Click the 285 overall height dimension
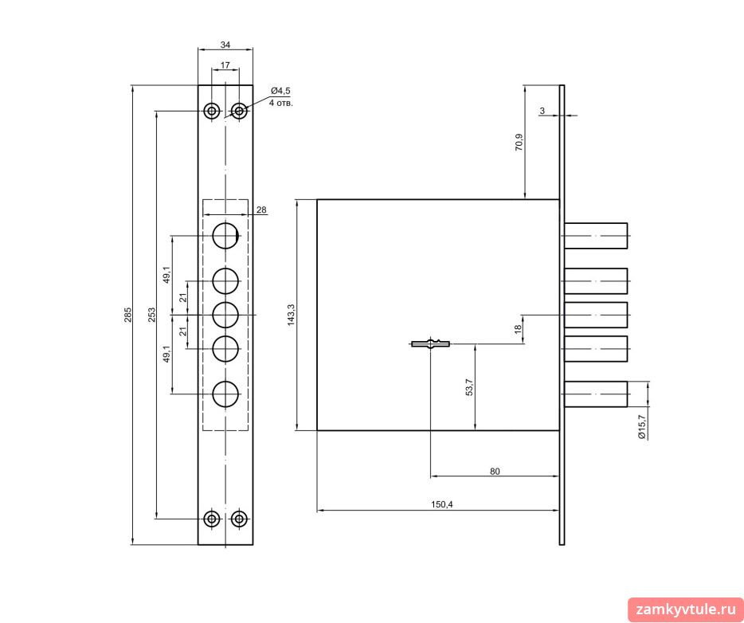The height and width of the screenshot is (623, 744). [x=128, y=315]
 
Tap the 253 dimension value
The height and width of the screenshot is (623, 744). [x=152, y=315]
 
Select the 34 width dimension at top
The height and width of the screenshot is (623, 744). [x=225, y=45]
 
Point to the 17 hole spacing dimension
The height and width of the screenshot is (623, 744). [x=225, y=65]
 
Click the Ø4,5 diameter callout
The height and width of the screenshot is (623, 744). [x=280, y=91]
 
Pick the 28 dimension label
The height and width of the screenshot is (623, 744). [x=260, y=210]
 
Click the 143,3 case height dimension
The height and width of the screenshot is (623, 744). [x=292, y=315]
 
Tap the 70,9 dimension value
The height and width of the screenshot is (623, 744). [x=519, y=143]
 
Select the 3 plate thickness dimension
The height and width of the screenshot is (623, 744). [x=542, y=111]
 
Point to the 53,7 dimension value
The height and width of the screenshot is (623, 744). [x=469, y=387]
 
